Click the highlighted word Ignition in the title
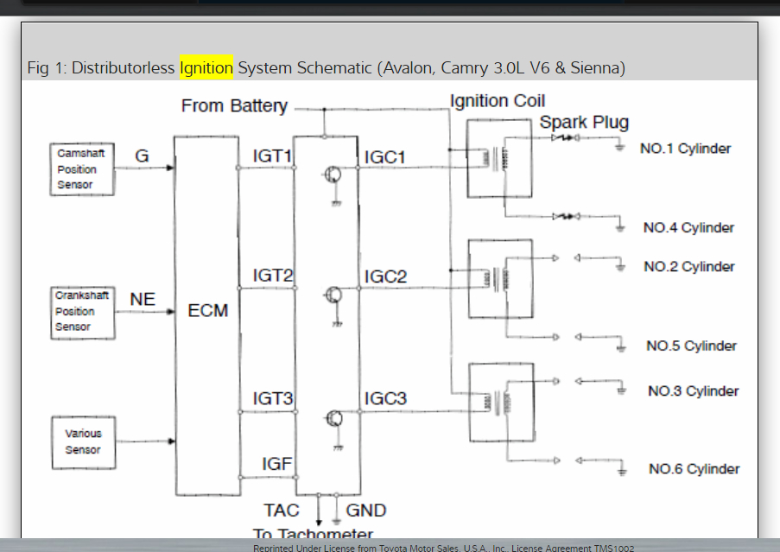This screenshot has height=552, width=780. coord(206,67)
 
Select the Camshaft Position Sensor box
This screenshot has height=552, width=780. coord(82,168)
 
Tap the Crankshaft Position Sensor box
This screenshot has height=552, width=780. coord(83,311)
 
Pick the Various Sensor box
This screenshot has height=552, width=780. coord(83,442)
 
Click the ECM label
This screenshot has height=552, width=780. coord(208,310)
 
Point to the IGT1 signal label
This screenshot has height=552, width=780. coord(273,157)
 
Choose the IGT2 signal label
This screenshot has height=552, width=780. coord(273,276)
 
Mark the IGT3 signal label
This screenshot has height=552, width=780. coord(273,399)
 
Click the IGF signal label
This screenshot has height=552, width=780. coord(277,465)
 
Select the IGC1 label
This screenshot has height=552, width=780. coord(385,157)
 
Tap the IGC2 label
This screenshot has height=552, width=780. coord(385,276)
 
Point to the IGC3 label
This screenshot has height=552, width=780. coord(385,399)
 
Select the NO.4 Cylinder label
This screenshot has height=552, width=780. coord(688,228)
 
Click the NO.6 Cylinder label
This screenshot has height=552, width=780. coord(694,469)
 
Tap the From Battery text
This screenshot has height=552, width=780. coord(234,106)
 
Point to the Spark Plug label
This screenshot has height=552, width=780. coord(584,122)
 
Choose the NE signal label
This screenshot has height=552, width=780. coord(143,299)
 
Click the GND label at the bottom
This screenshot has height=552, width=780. coord(366,511)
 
